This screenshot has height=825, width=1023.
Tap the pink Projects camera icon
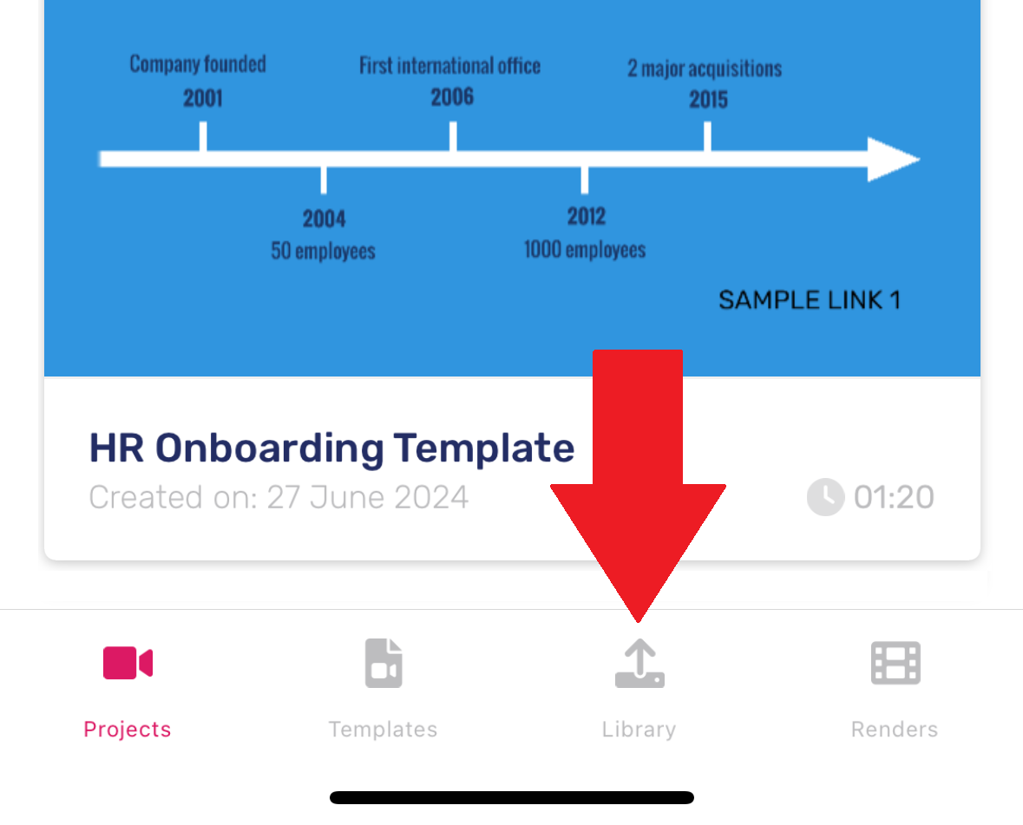pyautogui.click(x=128, y=663)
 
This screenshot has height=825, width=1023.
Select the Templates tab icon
pyautogui.click(x=384, y=663)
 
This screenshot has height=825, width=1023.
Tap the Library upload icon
pyautogui.click(x=639, y=663)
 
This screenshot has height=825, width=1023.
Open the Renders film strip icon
pyautogui.click(x=895, y=663)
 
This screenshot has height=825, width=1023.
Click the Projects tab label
pyautogui.click(x=128, y=729)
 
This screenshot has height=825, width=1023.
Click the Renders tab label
pyautogui.click(x=895, y=729)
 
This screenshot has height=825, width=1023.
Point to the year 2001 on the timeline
pyautogui.click(x=203, y=99)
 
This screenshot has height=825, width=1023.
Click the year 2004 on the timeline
pyautogui.click(x=325, y=219)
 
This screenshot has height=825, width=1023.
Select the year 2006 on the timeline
pyautogui.click(x=452, y=97)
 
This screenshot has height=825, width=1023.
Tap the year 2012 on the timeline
pyautogui.click(x=587, y=216)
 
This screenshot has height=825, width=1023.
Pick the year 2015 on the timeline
pyautogui.click(x=709, y=100)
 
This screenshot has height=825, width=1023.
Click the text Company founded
pyautogui.click(x=198, y=64)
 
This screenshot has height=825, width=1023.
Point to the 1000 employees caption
pyautogui.click(x=585, y=249)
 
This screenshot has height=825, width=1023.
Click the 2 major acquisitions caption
pyautogui.click(x=705, y=69)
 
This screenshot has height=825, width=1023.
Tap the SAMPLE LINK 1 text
pyautogui.click(x=809, y=300)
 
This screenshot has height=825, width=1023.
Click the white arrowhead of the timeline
pyautogui.click(x=891, y=159)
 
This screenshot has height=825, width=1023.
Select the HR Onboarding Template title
pyautogui.click(x=331, y=448)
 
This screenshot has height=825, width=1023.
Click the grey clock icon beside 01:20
pyautogui.click(x=826, y=497)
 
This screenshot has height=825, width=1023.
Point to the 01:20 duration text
pyautogui.click(x=894, y=497)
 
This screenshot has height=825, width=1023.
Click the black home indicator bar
pyautogui.click(x=512, y=797)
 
